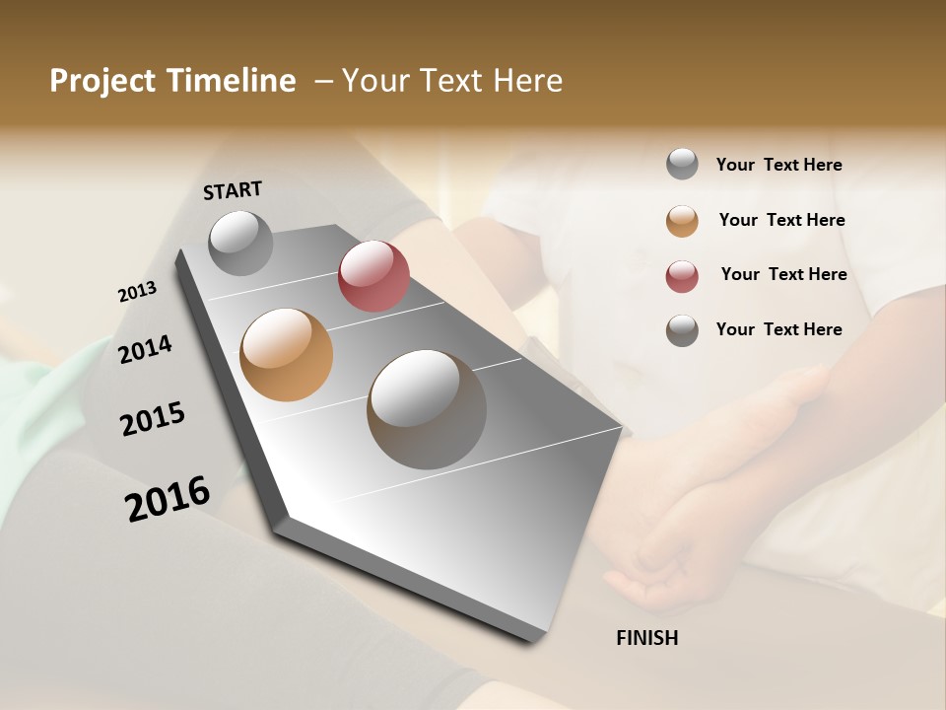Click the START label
[x=233, y=189]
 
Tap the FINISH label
[x=646, y=638]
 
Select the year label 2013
[x=137, y=292]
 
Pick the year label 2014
[x=145, y=349]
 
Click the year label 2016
[x=168, y=499]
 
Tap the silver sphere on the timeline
[x=240, y=243]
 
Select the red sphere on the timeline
[x=373, y=276]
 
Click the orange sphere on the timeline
[x=286, y=355]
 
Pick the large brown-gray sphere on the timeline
[x=427, y=409]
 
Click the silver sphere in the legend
[x=682, y=164]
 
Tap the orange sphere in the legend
[x=682, y=221]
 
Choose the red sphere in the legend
[x=682, y=275]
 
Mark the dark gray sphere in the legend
[x=682, y=330]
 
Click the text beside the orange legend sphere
[x=781, y=220]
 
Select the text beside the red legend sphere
[x=783, y=274]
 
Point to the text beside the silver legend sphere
[x=778, y=165]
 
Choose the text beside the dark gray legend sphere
[x=778, y=329]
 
